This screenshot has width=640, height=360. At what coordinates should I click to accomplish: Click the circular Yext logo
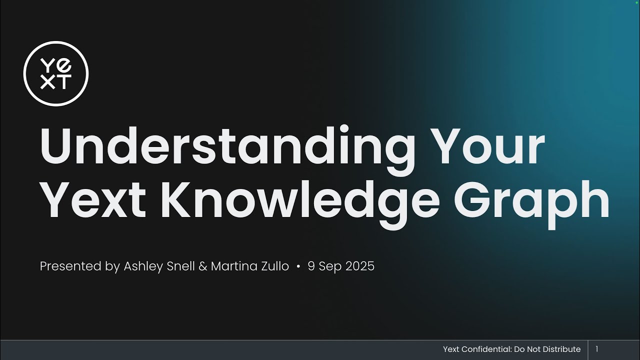[56, 73]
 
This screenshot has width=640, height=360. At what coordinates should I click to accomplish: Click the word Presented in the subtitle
[70, 266]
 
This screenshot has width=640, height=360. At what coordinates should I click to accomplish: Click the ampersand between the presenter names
[202, 266]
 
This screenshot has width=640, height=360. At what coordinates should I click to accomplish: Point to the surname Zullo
[275, 266]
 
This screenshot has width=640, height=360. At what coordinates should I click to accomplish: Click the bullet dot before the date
[298, 267]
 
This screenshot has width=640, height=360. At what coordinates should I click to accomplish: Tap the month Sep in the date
[329, 266]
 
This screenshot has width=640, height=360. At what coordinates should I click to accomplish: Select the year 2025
[359, 266]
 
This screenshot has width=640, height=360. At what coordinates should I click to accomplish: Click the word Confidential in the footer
[487, 349]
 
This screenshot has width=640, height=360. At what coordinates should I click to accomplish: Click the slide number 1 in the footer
[596, 349]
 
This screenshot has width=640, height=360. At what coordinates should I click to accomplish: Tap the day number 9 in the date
[311, 266]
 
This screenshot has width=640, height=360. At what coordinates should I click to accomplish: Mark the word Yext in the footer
[452, 349]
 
